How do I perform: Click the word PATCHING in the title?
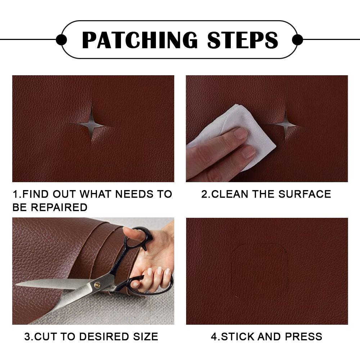(140, 40)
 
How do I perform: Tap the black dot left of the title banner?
(62, 40)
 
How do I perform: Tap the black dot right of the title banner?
(297, 40)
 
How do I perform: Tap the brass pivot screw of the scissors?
(97, 285)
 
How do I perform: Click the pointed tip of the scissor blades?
(17, 285)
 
